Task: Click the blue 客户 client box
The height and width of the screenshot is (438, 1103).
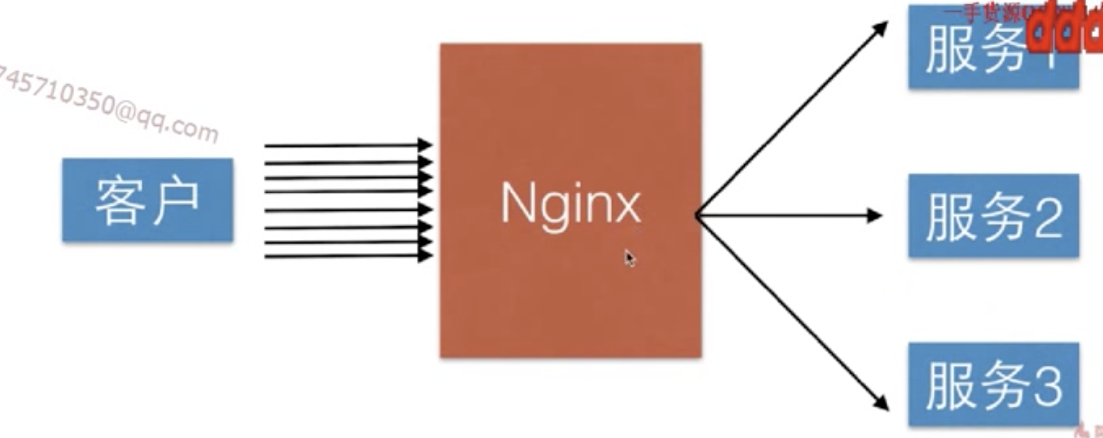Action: click(147, 200)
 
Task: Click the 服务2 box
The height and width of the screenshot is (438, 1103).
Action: click(993, 215)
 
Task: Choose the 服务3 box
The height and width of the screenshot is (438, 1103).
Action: click(993, 385)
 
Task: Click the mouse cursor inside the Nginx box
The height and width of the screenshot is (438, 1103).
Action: click(629, 257)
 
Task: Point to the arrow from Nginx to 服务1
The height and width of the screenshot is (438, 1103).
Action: click(792, 116)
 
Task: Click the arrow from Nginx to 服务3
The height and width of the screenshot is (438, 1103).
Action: click(792, 313)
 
